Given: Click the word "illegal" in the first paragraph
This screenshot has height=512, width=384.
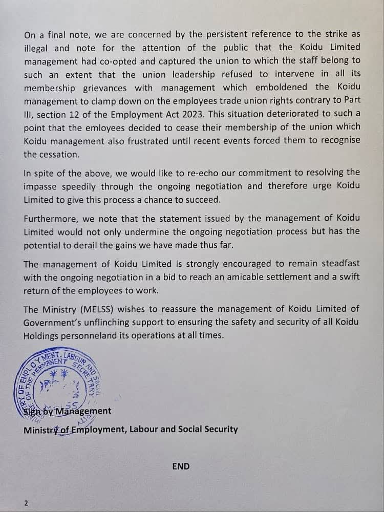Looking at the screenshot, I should click(x=36, y=48).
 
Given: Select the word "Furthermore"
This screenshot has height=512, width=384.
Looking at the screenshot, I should click(x=51, y=219).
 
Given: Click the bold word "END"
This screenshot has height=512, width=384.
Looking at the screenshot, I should click(x=181, y=466).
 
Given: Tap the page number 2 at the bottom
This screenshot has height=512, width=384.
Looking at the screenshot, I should click(x=26, y=503).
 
